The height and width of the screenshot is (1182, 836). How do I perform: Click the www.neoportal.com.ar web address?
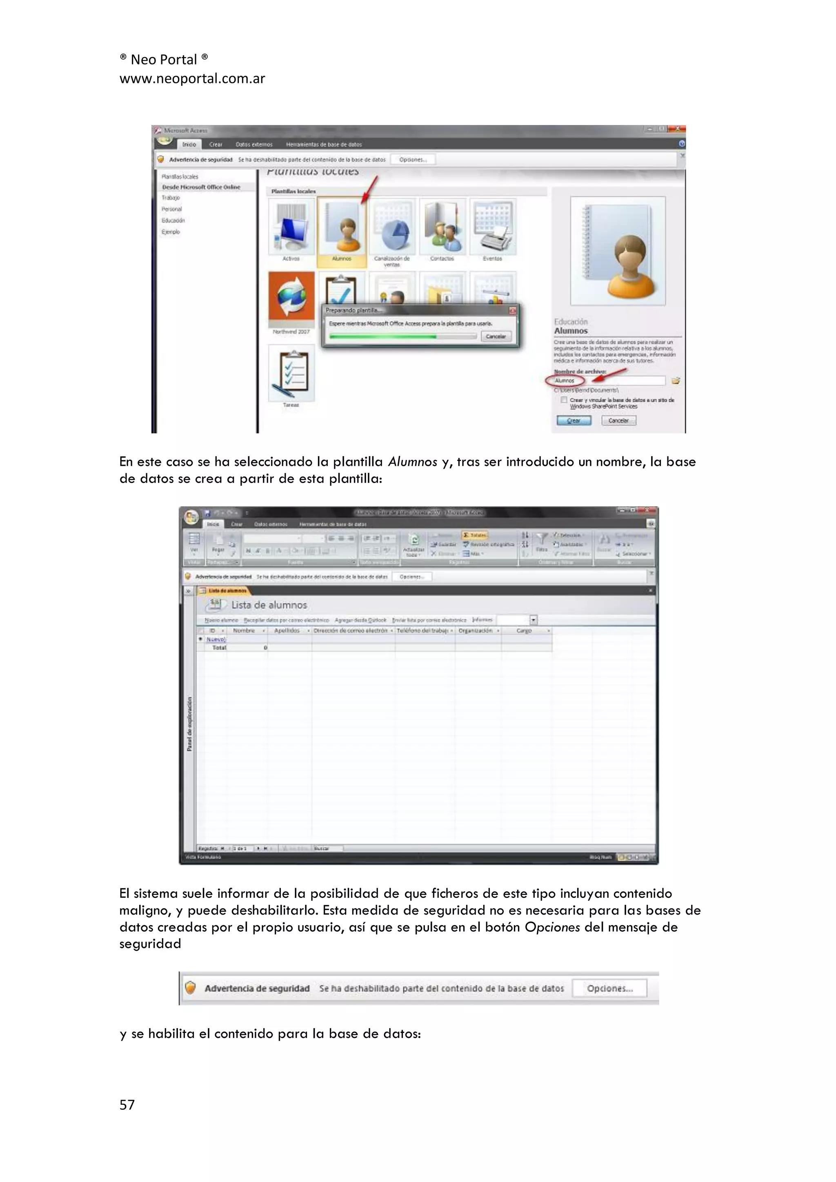pyautogui.click(x=192, y=79)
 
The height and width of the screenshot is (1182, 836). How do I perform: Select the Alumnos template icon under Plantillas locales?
pyautogui.click(x=342, y=227)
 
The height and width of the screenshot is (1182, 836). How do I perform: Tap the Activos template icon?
pyautogui.click(x=291, y=227)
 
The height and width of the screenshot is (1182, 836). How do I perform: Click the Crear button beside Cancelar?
pyautogui.click(x=574, y=421)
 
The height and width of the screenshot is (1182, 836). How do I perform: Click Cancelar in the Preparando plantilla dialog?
pyautogui.click(x=496, y=336)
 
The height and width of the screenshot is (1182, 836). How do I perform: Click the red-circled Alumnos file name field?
pyautogui.click(x=565, y=381)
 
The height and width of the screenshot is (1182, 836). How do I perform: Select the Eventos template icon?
pyautogui.click(x=493, y=227)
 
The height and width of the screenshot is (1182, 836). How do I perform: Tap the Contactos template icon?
pyautogui.click(x=442, y=227)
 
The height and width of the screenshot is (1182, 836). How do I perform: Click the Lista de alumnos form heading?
pyautogui.click(x=269, y=605)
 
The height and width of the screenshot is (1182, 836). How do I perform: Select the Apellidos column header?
pyautogui.click(x=287, y=631)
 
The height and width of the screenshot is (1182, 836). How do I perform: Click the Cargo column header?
pyautogui.click(x=524, y=631)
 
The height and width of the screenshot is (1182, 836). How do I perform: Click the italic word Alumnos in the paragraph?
pyautogui.click(x=412, y=462)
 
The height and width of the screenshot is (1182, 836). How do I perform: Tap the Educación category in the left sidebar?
pyautogui.click(x=173, y=220)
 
